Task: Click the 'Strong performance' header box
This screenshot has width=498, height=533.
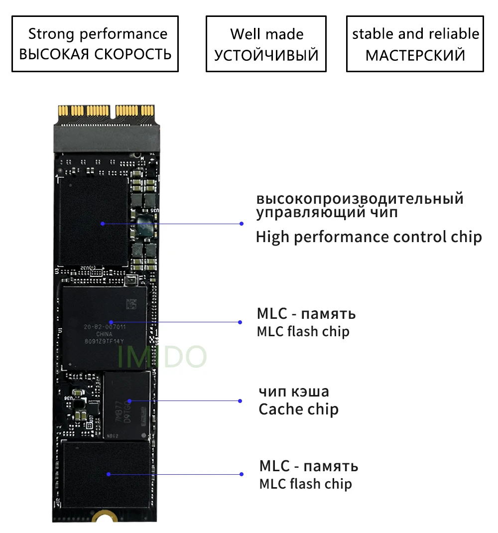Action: [x=95, y=44]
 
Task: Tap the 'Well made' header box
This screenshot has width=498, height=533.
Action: [x=266, y=44]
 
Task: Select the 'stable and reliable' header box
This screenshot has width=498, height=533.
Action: [x=415, y=44]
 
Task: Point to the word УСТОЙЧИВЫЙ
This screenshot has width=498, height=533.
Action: [x=266, y=55]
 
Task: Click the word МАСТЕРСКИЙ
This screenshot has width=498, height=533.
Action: [x=415, y=55]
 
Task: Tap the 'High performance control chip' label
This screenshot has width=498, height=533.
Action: [x=369, y=237]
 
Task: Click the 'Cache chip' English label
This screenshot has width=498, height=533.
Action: [x=298, y=409]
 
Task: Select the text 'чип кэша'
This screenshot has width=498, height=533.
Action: [x=293, y=391]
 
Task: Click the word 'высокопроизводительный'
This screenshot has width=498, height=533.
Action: [x=360, y=198]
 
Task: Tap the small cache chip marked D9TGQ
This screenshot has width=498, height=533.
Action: [x=126, y=404]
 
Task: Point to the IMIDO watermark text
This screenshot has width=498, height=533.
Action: [x=162, y=356]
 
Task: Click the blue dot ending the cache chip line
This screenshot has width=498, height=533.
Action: [x=240, y=400]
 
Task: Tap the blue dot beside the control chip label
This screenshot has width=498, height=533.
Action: [x=242, y=224]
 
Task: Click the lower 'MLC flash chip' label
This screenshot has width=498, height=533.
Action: [x=305, y=484]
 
